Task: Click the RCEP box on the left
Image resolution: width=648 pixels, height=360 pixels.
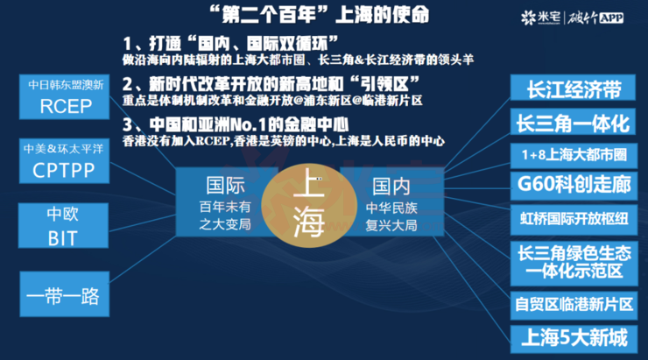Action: (x=64, y=97)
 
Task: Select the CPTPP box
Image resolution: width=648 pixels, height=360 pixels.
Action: (x=64, y=161)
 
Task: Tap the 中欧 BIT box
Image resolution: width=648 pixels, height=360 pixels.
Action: (x=63, y=225)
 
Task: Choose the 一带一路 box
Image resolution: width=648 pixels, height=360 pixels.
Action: (x=65, y=294)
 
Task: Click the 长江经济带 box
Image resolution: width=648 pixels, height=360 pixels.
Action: (x=573, y=88)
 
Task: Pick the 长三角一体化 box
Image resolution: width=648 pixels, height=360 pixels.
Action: (x=573, y=122)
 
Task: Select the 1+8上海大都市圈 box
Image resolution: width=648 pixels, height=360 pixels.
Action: (x=574, y=155)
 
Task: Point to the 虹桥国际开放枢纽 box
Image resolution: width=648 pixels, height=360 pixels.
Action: (x=574, y=219)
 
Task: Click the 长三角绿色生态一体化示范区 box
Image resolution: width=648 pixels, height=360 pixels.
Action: (x=574, y=264)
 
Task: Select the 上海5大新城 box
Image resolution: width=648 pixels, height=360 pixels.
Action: (x=574, y=339)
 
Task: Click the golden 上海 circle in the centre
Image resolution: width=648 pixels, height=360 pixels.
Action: (x=309, y=206)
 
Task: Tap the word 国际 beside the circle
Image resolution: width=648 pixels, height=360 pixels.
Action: (x=225, y=186)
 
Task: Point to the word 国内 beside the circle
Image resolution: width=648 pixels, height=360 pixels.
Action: (x=391, y=187)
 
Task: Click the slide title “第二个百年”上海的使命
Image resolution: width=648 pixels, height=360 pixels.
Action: (x=320, y=15)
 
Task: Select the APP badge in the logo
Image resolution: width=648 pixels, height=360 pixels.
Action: (x=611, y=18)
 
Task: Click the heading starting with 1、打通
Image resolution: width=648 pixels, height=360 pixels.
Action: (x=230, y=44)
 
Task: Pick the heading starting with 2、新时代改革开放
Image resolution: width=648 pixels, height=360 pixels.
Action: (x=271, y=84)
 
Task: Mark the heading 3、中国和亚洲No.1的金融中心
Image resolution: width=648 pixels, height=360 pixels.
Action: (x=236, y=124)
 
